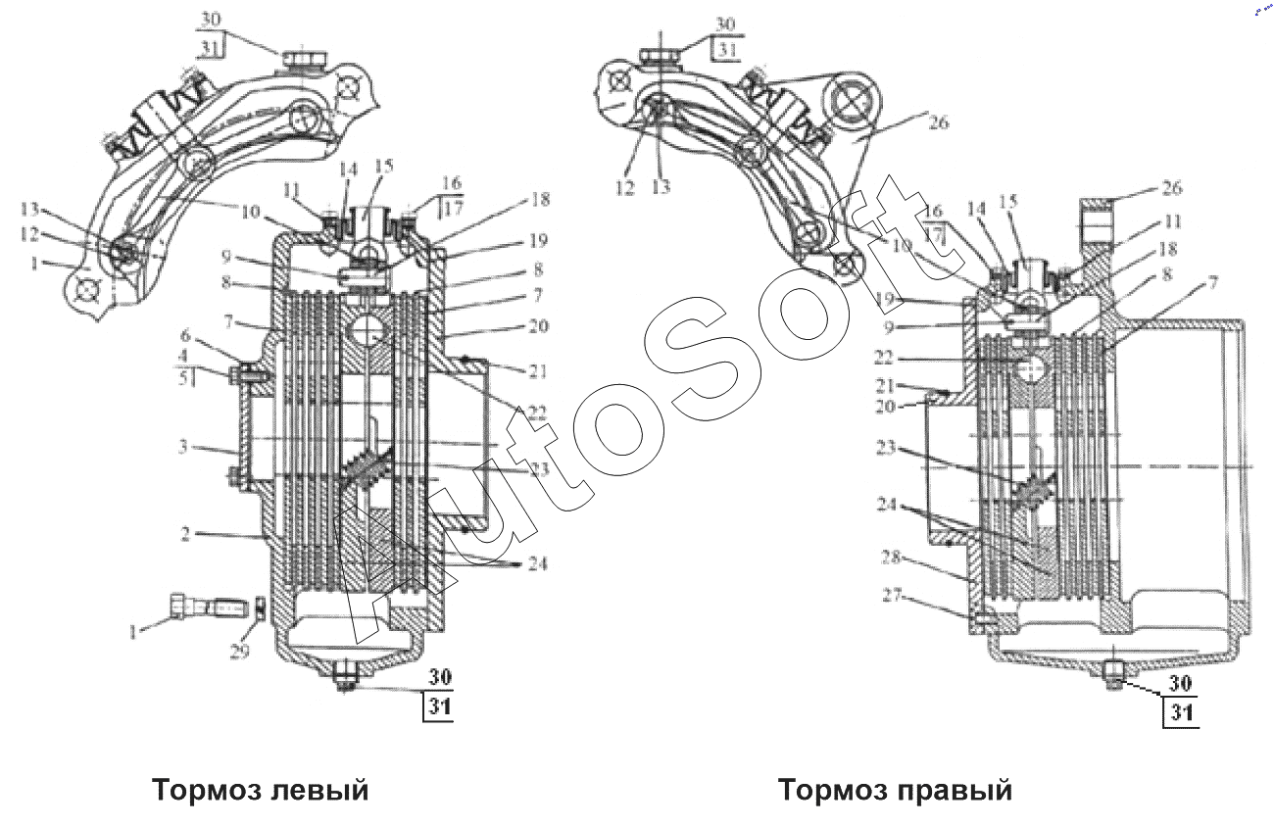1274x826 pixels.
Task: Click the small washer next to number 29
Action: [261, 608]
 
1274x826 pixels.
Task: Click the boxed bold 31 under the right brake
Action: [1182, 712]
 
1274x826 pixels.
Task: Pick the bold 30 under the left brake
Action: [438, 677]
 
